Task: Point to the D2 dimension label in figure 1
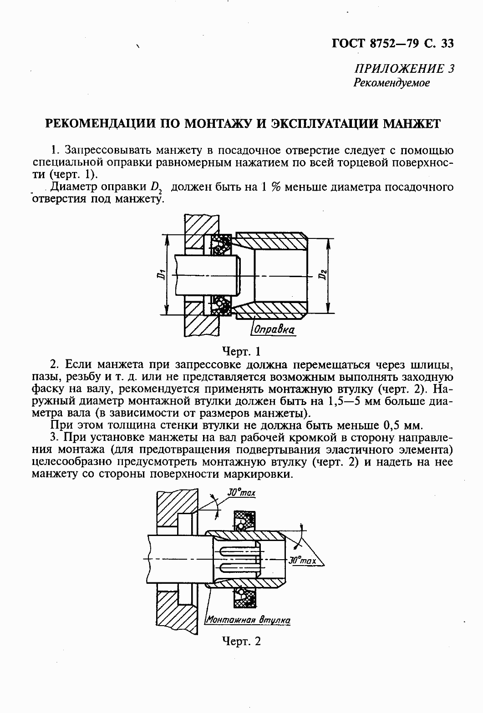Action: pyautogui.click(x=322, y=275)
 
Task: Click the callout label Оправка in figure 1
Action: pyautogui.click(x=274, y=329)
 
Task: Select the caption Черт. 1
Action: pyautogui.click(x=241, y=351)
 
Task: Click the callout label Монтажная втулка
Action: pyautogui.click(x=248, y=620)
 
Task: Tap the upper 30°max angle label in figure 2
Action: pyautogui.click(x=241, y=492)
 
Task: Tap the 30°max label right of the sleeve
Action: pyautogui.click(x=303, y=561)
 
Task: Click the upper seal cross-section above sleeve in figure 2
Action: pyautogui.click(x=244, y=521)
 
